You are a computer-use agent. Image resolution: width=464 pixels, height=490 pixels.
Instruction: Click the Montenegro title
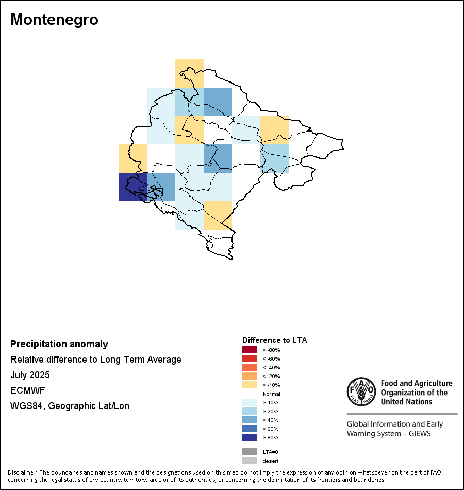pos(54,20)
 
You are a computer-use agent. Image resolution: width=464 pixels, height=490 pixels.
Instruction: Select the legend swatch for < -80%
pos(250,350)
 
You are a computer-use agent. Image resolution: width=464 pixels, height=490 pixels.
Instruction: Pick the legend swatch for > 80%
pos(250,437)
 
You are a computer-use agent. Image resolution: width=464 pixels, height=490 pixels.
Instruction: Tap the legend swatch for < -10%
pos(250,385)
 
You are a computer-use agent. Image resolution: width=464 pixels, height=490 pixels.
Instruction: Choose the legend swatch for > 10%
pos(250,402)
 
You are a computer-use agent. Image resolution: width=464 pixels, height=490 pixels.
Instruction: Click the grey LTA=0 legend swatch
pos(250,452)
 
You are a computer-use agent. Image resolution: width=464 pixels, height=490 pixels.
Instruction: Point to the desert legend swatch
pos(250,461)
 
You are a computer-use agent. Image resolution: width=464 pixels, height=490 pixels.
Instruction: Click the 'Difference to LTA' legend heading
pos(274,340)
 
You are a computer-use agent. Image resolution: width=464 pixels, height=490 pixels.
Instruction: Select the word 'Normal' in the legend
pos(271,394)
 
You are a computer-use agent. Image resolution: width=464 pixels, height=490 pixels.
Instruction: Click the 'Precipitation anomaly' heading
pos(59,344)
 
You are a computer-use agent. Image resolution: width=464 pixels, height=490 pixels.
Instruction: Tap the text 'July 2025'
pos(30,375)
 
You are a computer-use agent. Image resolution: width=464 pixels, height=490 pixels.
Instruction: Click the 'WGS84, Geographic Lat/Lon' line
pos(70,406)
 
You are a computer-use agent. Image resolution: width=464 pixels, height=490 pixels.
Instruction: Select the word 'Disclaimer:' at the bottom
pos(22,472)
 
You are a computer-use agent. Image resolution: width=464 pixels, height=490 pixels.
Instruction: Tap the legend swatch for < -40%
pos(250,367)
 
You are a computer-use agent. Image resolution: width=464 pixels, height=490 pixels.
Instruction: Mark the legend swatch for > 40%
pos(250,420)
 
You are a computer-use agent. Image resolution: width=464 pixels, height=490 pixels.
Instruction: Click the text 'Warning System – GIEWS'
pos(389,434)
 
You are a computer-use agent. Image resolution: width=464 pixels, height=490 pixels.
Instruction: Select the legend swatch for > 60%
pos(250,429)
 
